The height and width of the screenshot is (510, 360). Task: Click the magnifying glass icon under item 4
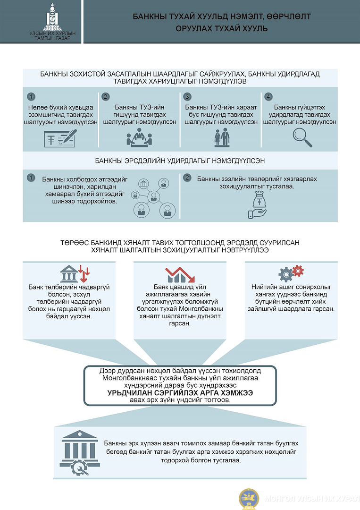tap(302, 137)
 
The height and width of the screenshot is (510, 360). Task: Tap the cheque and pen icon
tap(60, 138)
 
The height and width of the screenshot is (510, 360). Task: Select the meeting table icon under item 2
tap(139, 137)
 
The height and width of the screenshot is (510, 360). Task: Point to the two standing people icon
tap(222, 137)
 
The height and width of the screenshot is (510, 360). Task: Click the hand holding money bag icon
tap(258, 204)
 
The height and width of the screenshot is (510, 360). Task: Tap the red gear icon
tap(298, 271)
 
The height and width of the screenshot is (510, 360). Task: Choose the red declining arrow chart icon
tap(180, 275)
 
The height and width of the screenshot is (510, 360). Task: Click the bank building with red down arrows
tap(75, 274)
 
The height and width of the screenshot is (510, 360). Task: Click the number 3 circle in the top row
tap(187, 97)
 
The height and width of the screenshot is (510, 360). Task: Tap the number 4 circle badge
tap(268, 97)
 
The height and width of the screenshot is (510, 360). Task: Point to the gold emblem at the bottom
tap(249, 499)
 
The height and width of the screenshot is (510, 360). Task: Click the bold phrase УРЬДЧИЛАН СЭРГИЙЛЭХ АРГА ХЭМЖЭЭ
tap(180, 393)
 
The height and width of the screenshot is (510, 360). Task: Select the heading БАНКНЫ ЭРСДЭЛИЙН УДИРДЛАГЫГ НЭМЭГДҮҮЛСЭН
tap(180, 161)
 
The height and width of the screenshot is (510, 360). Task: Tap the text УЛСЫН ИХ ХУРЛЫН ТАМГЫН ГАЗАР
tap(52, 36)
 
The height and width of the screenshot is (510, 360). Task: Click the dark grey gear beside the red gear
tap(286, 275)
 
